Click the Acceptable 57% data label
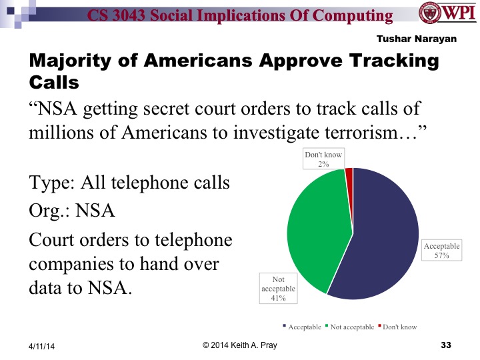(441, 251)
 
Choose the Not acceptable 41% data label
(278, 288)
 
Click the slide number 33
(446, 345)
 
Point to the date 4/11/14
(41, 346)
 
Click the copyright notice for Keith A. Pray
(239, 344)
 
